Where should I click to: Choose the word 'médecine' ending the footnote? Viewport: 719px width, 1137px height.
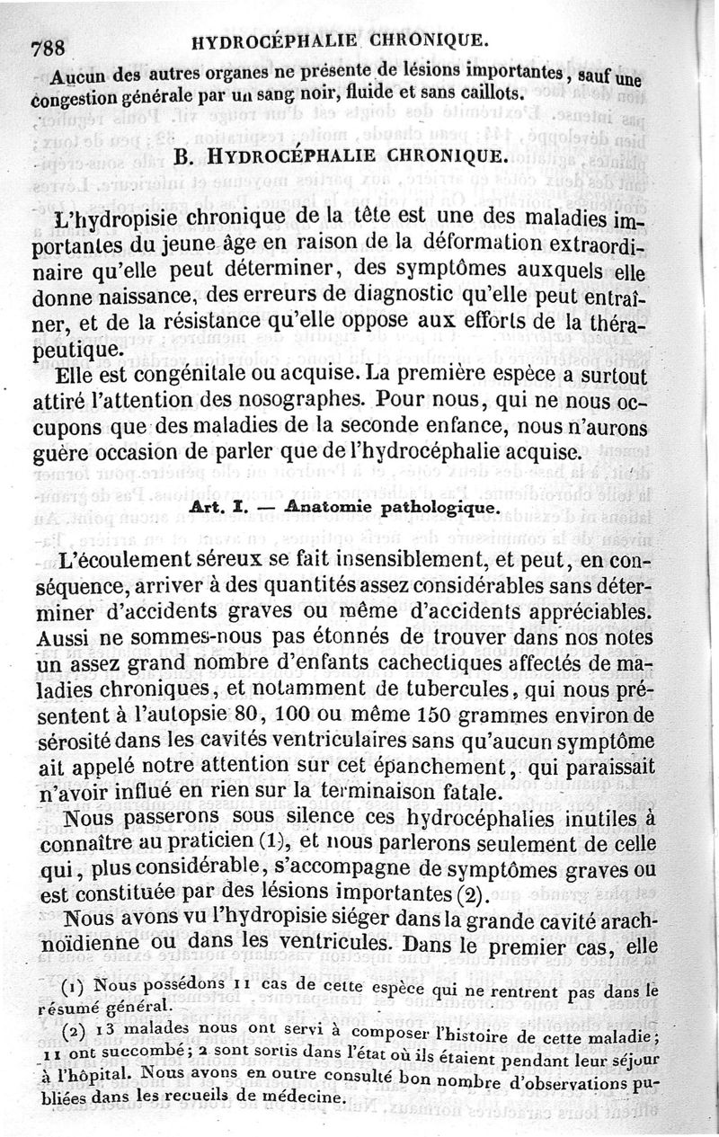304,1098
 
